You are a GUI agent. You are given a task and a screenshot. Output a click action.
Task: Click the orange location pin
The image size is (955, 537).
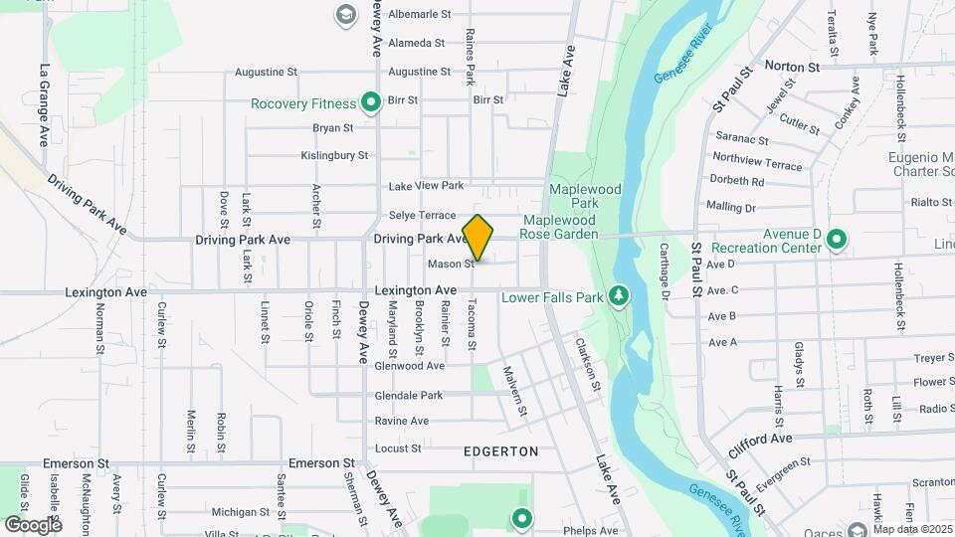(x=478, y=238)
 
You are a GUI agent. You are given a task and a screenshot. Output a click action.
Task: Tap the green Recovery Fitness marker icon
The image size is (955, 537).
(x=371, y=101)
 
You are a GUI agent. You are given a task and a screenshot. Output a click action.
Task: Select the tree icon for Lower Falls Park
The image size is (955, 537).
(x=619, y=295)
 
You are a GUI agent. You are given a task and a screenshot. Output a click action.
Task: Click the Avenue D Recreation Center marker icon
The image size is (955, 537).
(x=837, y=239)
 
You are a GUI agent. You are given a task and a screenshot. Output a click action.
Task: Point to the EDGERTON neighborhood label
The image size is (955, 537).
(x=501, y=450)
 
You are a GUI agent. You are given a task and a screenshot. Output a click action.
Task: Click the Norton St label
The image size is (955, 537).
(x=792, y=67)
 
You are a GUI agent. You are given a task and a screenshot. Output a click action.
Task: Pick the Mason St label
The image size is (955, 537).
(x=451, y=265)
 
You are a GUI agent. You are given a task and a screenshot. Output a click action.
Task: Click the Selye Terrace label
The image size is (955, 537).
(x=422, y=215)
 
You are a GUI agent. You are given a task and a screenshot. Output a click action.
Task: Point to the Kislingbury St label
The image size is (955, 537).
(x=334, y=155)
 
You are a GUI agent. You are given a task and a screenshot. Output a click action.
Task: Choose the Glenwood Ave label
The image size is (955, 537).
(x=409, y=366)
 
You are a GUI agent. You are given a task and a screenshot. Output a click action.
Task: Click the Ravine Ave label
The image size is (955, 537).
(x=401, y=421)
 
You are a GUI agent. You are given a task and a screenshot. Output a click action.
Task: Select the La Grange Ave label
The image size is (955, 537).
(x=45, y=106)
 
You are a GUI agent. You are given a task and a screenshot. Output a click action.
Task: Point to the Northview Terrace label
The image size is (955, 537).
(x=757, y=162)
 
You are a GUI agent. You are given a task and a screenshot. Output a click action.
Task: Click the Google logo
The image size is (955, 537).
(x=33, y=524)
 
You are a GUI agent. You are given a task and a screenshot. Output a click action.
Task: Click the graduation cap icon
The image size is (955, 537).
(x=344, y=14)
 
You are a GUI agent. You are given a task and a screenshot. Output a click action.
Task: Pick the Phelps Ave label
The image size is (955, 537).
(x=592, y=531)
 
